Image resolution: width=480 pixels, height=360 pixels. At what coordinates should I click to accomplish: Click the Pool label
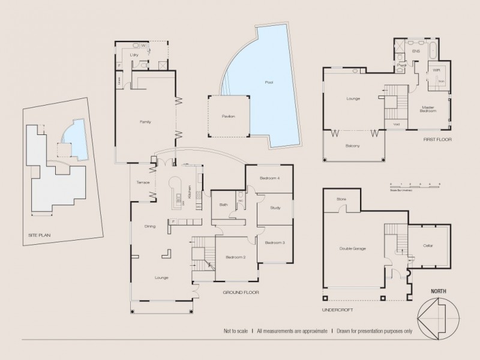pos(268,82)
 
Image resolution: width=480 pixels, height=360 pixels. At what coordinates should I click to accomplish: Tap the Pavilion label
pos(228,116)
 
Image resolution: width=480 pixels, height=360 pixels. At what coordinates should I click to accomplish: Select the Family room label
pos(145,122)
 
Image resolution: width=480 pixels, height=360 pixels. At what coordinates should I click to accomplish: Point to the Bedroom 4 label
pos(269,179)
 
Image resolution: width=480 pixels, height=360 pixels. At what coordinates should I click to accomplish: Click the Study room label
pos(275,208)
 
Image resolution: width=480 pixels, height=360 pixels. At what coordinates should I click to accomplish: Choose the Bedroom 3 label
pos(275,242)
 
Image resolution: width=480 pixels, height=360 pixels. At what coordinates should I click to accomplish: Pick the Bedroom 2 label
pos(235,257)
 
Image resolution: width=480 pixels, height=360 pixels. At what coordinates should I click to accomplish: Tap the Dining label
pos(150,226)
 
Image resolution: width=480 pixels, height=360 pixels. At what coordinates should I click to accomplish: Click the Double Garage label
pos(353,248)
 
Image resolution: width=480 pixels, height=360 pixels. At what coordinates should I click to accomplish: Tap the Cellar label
pos(428,246)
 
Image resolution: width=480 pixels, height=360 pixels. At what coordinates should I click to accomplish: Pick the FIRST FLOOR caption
pos(437,139)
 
